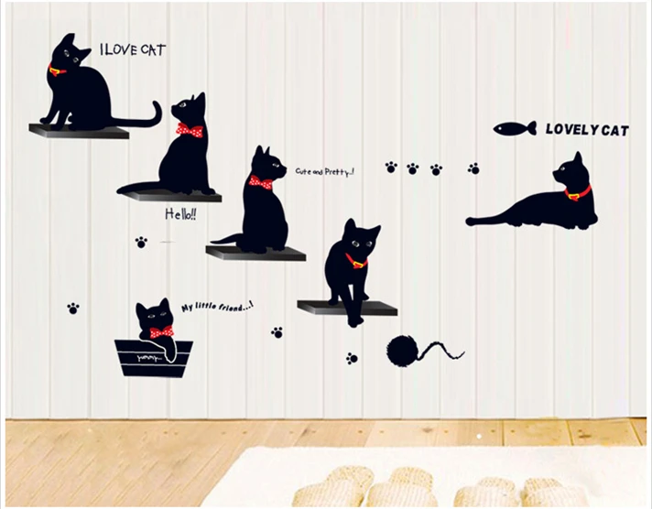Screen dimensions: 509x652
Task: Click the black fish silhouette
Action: click(x=514, y=129)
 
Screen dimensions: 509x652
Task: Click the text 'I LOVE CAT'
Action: click(x=132, y=50)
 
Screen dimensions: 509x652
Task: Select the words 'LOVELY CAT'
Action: click(x=587, y=130)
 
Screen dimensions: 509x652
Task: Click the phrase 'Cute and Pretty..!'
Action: click(x=324, y=171)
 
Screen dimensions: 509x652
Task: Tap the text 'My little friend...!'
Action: click(x=217, y=308)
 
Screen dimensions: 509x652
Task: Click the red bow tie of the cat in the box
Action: click(x=161, y=332)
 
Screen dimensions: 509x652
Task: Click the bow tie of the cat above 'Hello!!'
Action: click(x=189, y=130)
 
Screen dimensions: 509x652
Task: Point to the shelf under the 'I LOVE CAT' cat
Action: click(x=79, y=132)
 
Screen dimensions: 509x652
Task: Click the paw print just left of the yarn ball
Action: click(x=352, y=358)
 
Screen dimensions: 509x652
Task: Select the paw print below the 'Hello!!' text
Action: click(x=141, y=243)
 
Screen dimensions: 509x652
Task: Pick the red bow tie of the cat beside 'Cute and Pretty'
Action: click(x=261, y=183)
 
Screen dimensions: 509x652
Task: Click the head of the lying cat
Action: click(x=570, y=172)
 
